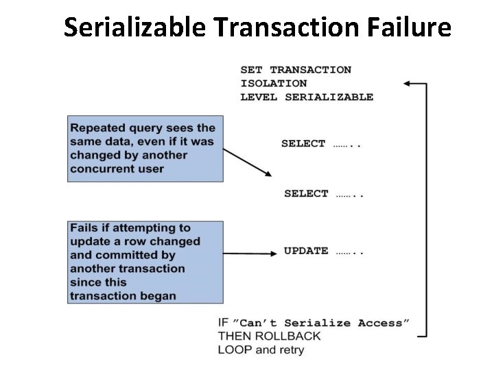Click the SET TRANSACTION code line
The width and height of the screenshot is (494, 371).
pyautogui.click(x=296, y=69)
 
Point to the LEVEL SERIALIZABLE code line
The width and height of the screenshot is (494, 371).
pyautogui.click(x=307, y=97)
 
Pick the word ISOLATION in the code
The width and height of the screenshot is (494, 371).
pyautogui.click(x=274, y=83)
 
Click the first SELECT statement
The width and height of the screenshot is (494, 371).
pyautogui.click(x=303, y=144)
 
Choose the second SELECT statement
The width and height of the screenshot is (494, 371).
pyautogui.click(x=306, y=194)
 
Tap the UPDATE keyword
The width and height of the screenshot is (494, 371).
pyautogui.click(x=306, y=251)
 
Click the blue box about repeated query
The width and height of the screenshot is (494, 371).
pyautogui.click(x=145, y=148)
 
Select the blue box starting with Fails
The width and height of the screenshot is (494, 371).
pyautogui.click(x=145, y=262)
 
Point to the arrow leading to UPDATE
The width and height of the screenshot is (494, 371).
pyautogui.click(x=251, y=253)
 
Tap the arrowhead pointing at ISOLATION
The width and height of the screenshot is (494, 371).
pyautogui.click(x=407, y=83)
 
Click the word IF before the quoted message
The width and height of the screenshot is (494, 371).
pyautogui.click(x=223, y=322)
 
